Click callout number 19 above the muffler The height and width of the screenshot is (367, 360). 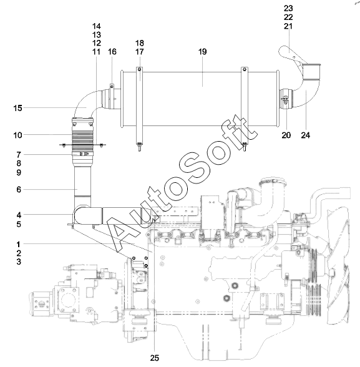point(203,51)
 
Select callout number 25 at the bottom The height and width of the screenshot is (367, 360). point(154,358)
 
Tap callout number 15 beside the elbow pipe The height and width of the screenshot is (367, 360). point(17,108)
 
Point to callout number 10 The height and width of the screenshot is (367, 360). point(17,135)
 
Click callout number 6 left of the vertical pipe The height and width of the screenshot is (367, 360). point(19,190)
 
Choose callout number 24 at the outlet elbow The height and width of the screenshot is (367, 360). point(305,135)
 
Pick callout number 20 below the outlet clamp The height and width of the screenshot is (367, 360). point(286,135)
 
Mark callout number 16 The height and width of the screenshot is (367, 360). point(112,52)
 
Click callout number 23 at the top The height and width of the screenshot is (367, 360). point(288,9)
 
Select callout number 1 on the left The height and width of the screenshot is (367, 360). point(19,245)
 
